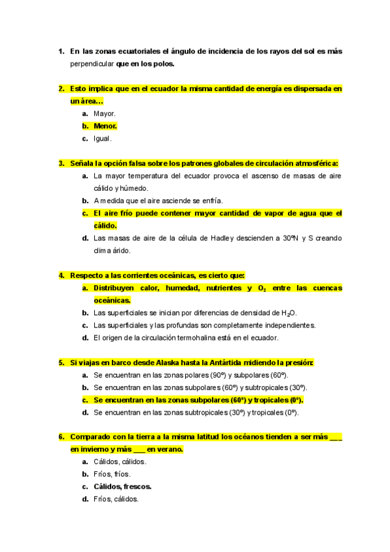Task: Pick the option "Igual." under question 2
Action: [x=103, y=138]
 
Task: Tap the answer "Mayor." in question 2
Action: [x=105, y=113]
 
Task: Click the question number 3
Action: [x=61, y=163]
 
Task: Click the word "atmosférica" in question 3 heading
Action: [x=313, y=163]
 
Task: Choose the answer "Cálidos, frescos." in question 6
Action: [x=123, y=486]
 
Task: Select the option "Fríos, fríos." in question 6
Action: [x=112, y=474]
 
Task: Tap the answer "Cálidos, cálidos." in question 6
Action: [x=120, y=462]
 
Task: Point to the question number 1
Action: [x=61, y=51]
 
